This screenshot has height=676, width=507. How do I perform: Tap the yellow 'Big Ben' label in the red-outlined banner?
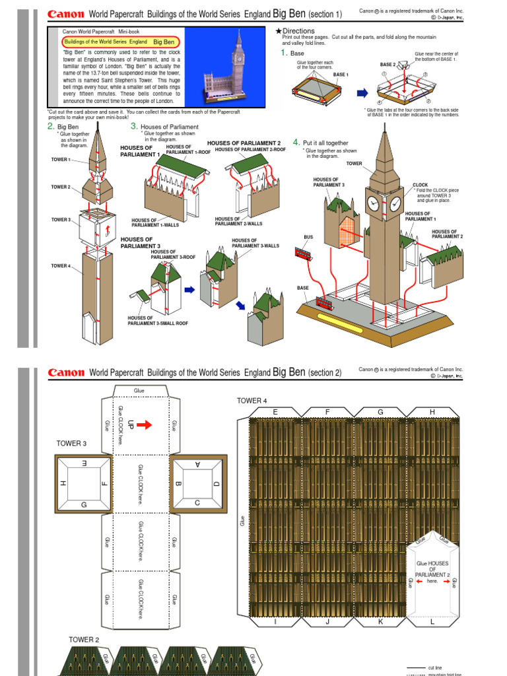[x=162, y=42]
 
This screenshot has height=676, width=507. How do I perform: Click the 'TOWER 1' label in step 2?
[x=60, y=160]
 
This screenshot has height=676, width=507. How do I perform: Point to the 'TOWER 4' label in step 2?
[x=60, y=265]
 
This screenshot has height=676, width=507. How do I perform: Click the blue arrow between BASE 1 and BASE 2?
[x=362, y=93]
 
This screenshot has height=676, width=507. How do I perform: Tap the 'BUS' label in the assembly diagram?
[x=308, y=236]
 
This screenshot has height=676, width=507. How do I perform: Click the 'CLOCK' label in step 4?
[x=421, y=186]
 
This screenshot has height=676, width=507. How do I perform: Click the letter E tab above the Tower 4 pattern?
[x=274, y=412]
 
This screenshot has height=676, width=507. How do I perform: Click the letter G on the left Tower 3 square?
[x=84, y=504]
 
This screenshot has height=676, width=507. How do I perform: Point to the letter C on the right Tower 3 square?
[x=197, y=503]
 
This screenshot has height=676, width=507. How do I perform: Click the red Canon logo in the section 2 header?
[x=66, y=372]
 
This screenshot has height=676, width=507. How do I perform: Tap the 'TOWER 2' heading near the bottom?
[x=84, y=640]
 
